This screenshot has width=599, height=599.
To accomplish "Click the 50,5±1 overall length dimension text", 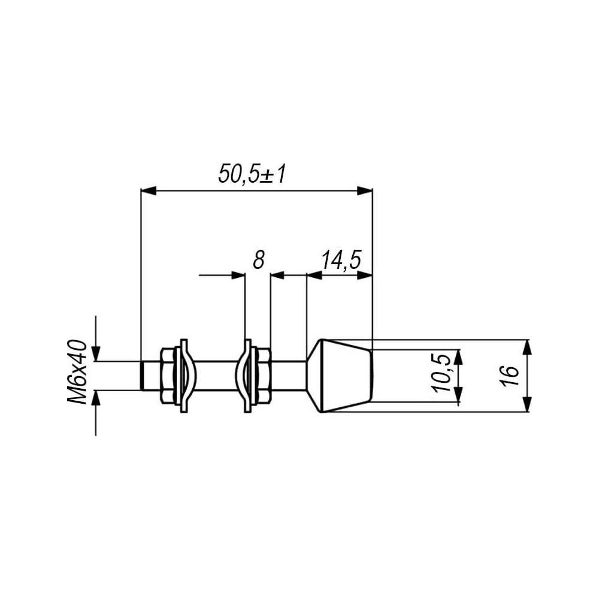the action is tap(252, 174).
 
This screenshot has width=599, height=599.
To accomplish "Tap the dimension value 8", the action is tap(259, 260).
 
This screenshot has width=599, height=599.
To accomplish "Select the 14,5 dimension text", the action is tap(341, 260).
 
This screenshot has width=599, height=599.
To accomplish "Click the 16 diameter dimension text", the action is tap(511, 376).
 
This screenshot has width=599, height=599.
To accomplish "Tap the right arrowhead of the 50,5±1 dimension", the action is tap(364, 191).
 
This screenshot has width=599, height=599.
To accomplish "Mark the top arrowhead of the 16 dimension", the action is tap(527, 347).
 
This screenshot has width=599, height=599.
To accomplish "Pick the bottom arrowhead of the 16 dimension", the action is tap(527, 404).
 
